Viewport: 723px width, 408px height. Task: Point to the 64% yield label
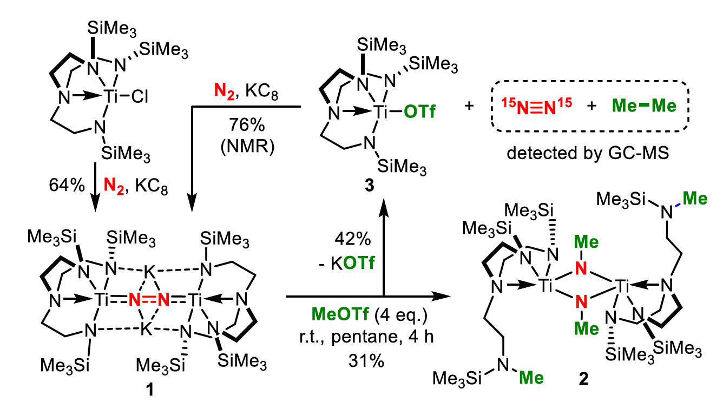tap(65, 187)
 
